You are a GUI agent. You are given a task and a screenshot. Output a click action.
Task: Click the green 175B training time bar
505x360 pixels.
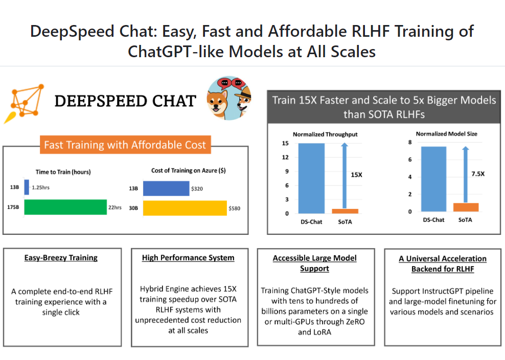65,207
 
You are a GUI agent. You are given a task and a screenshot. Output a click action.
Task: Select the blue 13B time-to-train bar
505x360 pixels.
27,187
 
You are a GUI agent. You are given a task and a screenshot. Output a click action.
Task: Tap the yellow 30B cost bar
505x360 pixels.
185,208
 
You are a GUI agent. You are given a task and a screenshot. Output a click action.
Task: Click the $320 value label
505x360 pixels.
197,188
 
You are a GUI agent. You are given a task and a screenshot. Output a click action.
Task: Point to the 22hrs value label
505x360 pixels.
115,207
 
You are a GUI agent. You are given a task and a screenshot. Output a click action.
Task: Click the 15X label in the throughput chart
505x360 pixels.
356,175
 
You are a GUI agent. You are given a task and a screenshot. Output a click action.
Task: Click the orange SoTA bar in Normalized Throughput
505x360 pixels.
345,211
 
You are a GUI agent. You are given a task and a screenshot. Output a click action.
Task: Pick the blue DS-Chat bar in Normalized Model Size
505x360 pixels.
433,179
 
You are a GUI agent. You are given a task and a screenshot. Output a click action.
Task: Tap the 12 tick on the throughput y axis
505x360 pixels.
286,157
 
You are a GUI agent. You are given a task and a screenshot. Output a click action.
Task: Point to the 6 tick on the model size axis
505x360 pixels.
410,160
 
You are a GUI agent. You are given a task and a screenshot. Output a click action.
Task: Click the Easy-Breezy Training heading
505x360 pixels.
61,258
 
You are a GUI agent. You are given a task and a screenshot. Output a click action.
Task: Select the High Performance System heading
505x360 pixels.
188,258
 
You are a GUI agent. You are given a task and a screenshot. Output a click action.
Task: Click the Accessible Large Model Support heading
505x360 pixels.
314,263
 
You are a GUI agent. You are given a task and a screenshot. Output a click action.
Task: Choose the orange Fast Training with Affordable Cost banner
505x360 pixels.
125,145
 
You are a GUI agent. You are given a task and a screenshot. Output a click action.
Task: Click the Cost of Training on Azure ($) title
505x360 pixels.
188,171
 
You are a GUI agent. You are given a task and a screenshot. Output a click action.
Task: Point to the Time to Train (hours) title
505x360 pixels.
63,172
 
